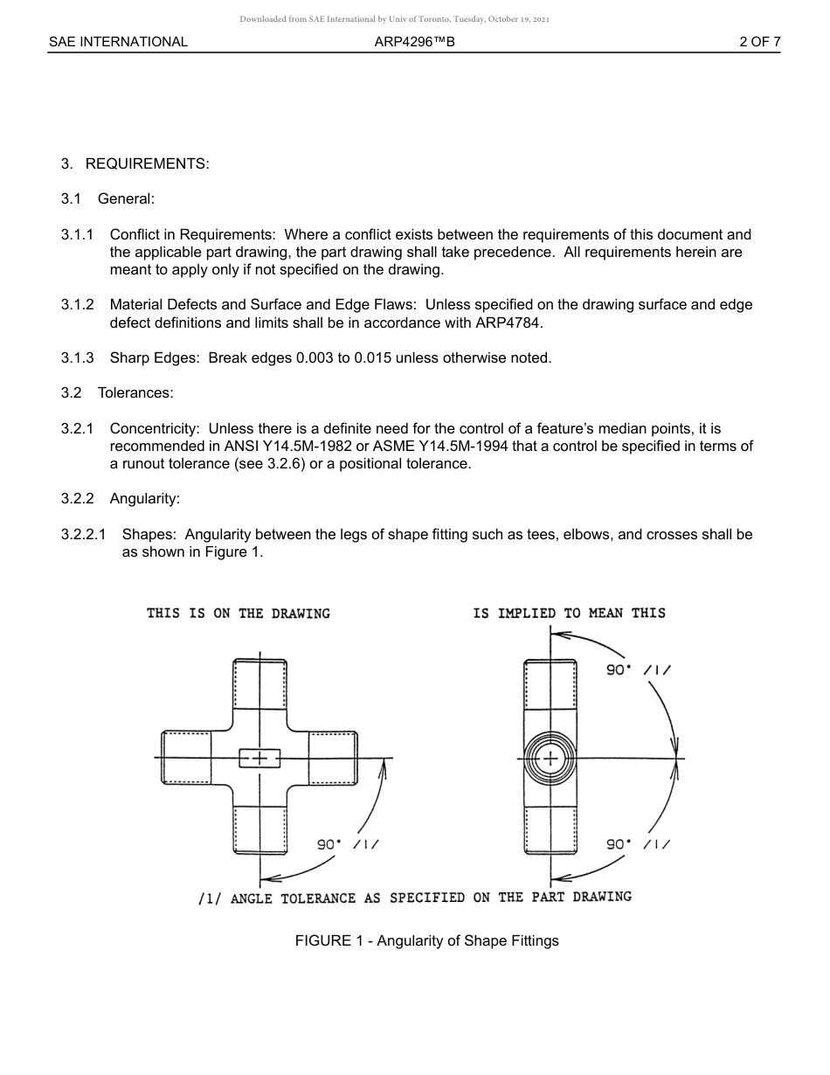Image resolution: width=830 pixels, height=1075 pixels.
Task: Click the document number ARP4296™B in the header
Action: click(414, 42)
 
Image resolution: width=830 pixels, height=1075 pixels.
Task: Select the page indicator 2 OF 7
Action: click(759, 42)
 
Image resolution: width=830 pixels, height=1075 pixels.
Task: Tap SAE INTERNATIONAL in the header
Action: click(118, 42)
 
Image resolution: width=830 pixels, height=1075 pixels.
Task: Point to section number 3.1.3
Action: click(77, 357)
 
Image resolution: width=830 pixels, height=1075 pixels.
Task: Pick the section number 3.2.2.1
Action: click(83, 534)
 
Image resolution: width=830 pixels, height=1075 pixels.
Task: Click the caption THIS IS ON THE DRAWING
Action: click(239, 614)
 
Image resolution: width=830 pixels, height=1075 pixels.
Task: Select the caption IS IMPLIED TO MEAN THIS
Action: click(569, 614)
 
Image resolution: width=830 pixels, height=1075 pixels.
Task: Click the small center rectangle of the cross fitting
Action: click(259, 758)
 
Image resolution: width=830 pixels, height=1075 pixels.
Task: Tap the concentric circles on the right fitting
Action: click(550, 758)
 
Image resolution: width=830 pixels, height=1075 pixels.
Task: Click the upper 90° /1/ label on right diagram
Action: click(639, 670)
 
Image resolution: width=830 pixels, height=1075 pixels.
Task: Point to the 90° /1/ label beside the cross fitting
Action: click(347, 844)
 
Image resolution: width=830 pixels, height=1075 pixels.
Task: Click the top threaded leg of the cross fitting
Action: click(260, 684)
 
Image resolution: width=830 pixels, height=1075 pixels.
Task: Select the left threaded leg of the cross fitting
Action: click(186, 757)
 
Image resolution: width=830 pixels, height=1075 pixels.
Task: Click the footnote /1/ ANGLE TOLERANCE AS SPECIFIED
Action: click(414, 898)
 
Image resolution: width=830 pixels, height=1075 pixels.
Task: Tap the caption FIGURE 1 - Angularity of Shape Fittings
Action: click(426, 941)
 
